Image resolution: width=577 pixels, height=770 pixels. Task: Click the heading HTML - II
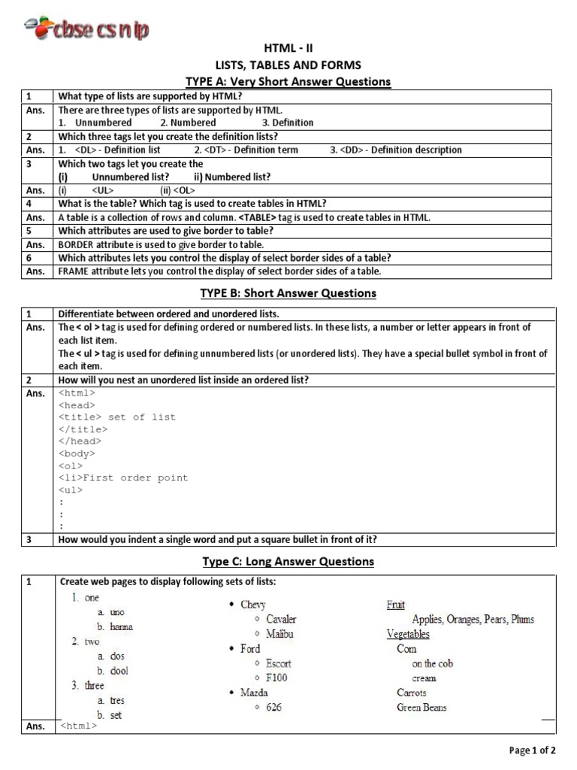coord(288,48)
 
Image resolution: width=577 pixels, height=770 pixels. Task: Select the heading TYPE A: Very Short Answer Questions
coord(288,81)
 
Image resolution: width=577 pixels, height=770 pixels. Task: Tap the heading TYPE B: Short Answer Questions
coord(288,293)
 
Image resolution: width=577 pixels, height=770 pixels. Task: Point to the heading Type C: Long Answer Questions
coord(288,561)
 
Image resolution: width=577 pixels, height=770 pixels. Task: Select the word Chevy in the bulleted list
coord(252,605)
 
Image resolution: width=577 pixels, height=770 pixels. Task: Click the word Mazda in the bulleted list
coord(255,693)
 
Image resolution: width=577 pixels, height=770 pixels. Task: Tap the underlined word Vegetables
coord(408,634)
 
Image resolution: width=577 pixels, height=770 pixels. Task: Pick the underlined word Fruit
coord(395,605)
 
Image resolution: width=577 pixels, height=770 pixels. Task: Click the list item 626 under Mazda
coord(274,708)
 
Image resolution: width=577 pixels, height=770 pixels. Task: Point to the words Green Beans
coord(421,708)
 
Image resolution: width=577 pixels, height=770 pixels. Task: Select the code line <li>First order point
coord(123,477)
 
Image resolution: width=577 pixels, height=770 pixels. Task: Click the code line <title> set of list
coord(116,417)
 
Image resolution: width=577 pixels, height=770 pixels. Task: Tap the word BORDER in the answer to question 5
coord(76,244)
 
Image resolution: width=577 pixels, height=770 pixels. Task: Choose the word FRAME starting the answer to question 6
coord(74,271)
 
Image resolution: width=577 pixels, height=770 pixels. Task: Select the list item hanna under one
coord(121,626)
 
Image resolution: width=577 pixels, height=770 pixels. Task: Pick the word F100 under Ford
coord(276,678)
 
